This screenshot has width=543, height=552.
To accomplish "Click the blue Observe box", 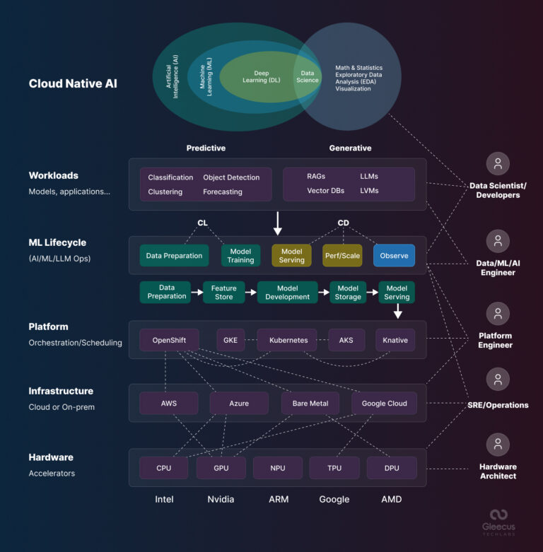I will pyautogui.click(x=395, y=256).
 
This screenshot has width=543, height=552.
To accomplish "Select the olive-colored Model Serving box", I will pyautogui.click(x=291, y=256).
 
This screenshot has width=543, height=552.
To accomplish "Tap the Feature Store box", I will pyautogui.click(x=224, y=293).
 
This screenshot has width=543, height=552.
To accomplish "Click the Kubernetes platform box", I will pyautogui.click(x=288, y=340).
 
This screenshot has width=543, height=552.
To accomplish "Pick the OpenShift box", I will pyautogui.click(x=169, y=340).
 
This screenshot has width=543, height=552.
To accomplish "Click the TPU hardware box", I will pyautogui.click(x=334, y=468).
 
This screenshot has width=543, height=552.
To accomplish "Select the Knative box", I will pyautogui.click(x=395, y=340).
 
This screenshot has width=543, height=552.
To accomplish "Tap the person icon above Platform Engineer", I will pyautogui.click(x=498, y=313).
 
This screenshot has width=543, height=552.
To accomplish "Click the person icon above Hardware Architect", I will pyautogui.click(x=498, y=445).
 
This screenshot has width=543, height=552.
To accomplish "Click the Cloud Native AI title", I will pyautogui.click(x=73, y=83).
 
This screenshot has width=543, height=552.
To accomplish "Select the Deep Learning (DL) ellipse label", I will pyautogui.click(x=262, y=76).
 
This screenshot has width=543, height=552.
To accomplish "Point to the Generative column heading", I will pyautogui.click(x=350, y=148).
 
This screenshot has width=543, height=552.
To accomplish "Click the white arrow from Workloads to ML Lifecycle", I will pyautogui.click(x=278, y=223).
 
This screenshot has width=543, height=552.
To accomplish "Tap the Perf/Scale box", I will pyautogui.click(x=342, y=256).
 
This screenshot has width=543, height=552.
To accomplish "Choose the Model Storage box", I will pyautogui.click(x=348, y=293).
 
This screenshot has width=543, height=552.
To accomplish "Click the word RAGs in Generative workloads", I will pyautogui.click(x=316, y=176).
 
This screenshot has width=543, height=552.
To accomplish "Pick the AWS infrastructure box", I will pyautogui.click(x=169, y=403).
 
